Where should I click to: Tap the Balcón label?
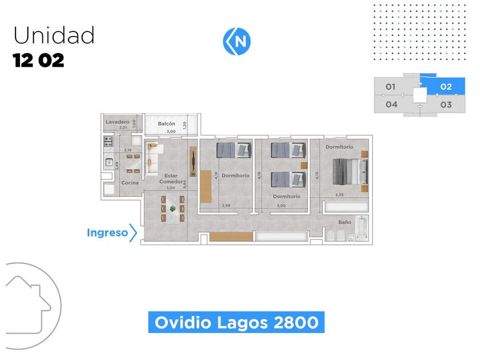[x=166, y=124]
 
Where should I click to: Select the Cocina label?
[x=130, y=183]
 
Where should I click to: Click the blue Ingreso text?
[x=107, y=233]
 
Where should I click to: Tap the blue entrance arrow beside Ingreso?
[x=133, y=233]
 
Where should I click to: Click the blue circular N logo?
[x=236, y=41]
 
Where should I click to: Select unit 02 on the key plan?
[x=446, y=87]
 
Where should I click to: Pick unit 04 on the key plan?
[x=391, y=105]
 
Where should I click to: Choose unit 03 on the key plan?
[x=446, y=105]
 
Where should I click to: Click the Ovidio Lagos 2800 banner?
[x=237, y=322]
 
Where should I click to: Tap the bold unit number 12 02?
[x=39, y=61]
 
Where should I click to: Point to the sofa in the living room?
[x=151, y=158]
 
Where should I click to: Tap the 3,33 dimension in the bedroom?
[x=339, y=195]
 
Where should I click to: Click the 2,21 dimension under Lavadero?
[x=123, y=127]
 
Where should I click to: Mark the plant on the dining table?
[x=173, y=209]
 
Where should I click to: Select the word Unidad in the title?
[x=54, y=36]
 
